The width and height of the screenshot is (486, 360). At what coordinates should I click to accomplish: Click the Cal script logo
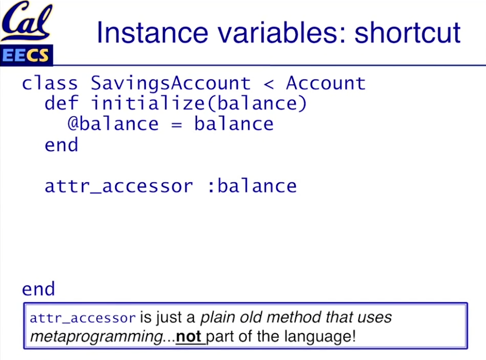tap(26, 21)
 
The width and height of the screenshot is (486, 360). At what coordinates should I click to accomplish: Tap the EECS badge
tap(26, 55)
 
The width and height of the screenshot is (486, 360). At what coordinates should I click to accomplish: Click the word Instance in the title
tap(152, 32)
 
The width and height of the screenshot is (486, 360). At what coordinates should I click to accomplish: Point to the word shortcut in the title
tap(407, 32)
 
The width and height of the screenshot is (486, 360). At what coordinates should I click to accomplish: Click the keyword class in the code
tap(50, 83)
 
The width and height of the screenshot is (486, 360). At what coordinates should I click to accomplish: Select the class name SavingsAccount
tap(171, 84)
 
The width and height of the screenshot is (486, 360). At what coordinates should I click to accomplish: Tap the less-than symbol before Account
tap(269, 84)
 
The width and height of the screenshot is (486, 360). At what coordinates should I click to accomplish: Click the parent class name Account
tap(326, 83)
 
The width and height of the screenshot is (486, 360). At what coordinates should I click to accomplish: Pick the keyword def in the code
tap(61, 103)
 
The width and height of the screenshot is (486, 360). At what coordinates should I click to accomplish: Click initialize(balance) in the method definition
tap(199, 104)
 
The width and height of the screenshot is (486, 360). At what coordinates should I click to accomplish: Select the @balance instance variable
tap(113, 124)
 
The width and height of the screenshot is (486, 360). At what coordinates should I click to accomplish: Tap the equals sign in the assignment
tap(176, 125)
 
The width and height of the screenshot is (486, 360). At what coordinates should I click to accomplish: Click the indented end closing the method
tap(61, 145)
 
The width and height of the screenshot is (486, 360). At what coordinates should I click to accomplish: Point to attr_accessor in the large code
tap(119, 187)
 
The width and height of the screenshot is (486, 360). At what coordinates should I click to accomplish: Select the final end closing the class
tap(38, 289)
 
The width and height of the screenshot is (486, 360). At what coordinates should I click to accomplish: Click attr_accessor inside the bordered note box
tap(82, 318)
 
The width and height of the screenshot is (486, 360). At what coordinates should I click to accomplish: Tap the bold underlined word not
tap(189, 337)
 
